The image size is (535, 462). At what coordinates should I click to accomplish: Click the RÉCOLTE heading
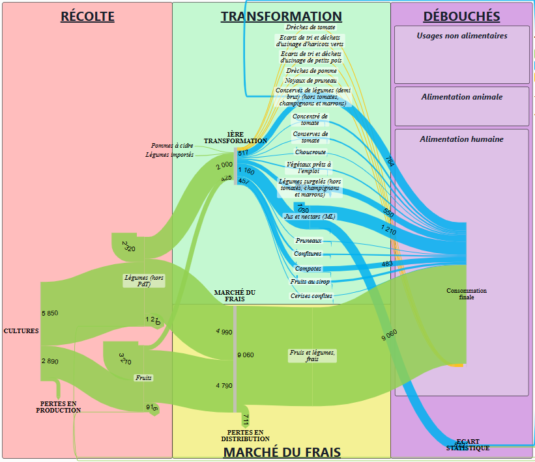click(x=87, y=16)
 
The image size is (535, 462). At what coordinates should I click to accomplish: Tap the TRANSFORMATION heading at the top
click(x=281, y=16)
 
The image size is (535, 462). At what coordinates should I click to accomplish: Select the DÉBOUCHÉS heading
click(x=461, y=16)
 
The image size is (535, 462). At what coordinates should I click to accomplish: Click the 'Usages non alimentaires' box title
click(x=462, y=36)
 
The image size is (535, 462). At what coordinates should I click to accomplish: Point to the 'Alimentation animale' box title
click(x=462, y=97)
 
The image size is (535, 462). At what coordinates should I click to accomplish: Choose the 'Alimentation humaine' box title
click(x=462, y=139)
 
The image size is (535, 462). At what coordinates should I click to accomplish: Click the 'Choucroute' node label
click(x=310, y=152)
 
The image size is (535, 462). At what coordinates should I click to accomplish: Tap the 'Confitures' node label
click(x=308, y=254)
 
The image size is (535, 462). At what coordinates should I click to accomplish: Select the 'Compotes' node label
click(x=308, y=269)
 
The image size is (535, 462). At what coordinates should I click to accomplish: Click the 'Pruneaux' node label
click(x=308, y=241)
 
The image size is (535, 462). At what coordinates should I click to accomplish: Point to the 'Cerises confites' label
click(x=311, y=296)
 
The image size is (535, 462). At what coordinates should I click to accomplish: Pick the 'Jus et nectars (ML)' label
click(x=309, y=216)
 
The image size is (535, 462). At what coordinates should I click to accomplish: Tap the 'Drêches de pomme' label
click(x=311, y=70)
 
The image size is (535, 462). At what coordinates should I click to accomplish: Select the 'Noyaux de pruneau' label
click(x=311, y=80)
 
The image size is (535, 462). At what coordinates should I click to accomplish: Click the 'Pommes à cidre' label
click(x=172, y=146)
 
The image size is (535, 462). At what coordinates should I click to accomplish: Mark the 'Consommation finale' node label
click(x=467, y=294)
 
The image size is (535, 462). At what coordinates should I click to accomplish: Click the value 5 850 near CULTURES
click(x=50, y=313)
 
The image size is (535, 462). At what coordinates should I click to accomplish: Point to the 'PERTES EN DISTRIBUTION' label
click(x=245, y=435)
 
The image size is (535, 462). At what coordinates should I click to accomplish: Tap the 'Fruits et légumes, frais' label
click(x=312, y=355)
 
